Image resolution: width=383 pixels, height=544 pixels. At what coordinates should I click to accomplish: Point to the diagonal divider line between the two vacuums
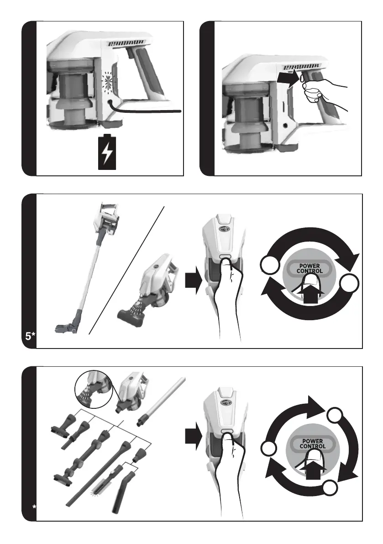(x=126, y=270)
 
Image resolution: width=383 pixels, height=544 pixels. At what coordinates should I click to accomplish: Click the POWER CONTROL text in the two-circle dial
(x=310, y=268)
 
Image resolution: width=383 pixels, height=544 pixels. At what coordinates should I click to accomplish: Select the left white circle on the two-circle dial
(x=270, y=265)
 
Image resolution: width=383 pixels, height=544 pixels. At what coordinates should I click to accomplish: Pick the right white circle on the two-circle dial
(x=349, y=284)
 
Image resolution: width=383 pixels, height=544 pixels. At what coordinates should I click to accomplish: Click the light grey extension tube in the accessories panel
(x=161, y=402)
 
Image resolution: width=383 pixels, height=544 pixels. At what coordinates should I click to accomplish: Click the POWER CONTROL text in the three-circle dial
(x=312, y=444)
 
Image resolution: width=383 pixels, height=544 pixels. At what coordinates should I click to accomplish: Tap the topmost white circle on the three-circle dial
(x=335, y=416)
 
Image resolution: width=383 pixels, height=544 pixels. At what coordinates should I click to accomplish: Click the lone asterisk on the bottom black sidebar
(x=34, y=507)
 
